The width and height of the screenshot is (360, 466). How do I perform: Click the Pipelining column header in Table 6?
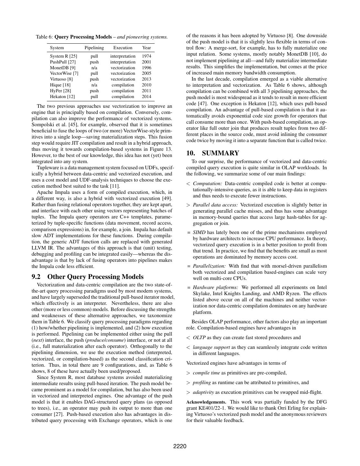pos(94,48)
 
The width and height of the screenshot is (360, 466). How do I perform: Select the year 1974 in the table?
pos(147,56)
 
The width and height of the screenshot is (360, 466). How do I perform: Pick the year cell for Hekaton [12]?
pos(147,97)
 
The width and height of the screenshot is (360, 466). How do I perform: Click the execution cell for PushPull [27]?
pos(123,62)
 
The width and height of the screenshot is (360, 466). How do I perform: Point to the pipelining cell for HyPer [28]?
pos(94,91)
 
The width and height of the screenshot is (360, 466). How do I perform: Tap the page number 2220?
pos(180,447)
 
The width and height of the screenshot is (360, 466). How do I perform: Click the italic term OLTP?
pos(199,338)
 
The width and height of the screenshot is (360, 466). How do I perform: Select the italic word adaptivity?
pos(203,392)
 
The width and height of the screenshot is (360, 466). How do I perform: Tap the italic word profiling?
pos(202,383)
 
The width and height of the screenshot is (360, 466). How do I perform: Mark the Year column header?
pos(147,48)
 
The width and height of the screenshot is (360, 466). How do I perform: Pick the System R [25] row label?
pos(63,56)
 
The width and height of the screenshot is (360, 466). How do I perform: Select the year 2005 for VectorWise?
pos(147,73)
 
